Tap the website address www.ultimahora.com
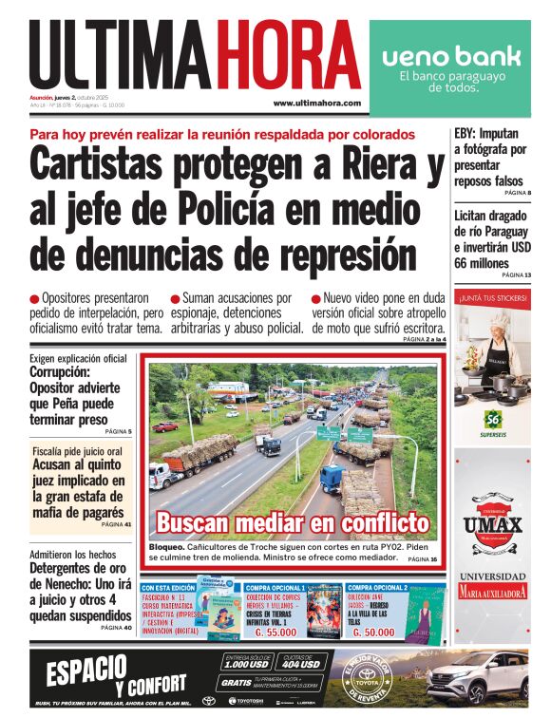[316, 103]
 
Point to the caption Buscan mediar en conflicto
[293, 522]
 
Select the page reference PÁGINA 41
[116, 523]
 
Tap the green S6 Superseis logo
[492, 419]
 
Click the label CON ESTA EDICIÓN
[169, 588]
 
